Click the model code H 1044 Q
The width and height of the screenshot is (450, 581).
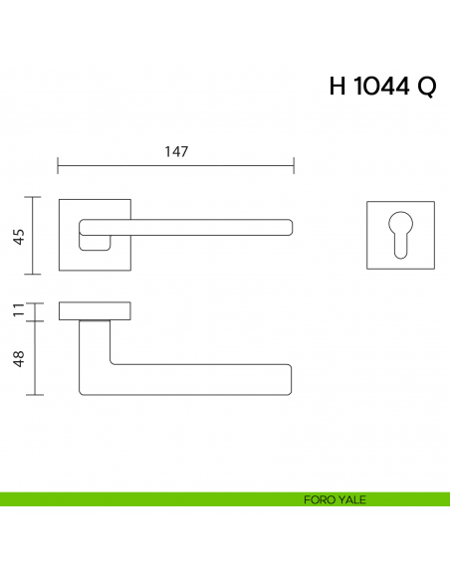coord(381,87)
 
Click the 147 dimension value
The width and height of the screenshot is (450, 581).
coord(176,151)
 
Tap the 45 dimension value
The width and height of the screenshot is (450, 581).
coord(18,236)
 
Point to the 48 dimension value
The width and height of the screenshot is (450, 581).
coord(18,358)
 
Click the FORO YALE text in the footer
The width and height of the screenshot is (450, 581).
coord(335,499)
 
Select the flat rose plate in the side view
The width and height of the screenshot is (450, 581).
coord(96,311)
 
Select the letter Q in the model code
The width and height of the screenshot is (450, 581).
coord(425,87)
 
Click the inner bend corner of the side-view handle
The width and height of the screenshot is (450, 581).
coord(111,363)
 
